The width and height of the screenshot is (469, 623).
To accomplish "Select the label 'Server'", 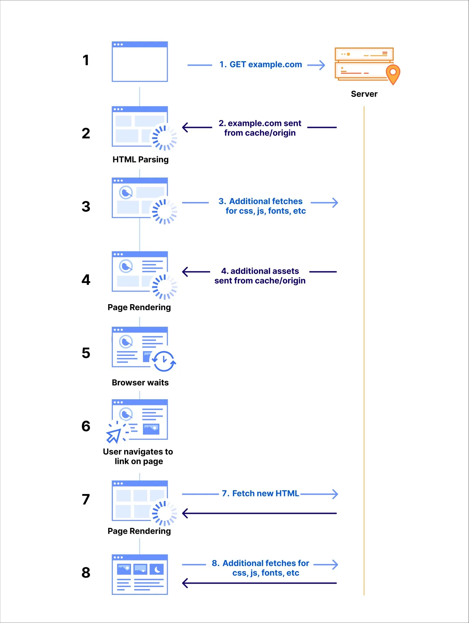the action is pos(364,94).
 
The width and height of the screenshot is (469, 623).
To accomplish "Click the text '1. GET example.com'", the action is pos(261,65).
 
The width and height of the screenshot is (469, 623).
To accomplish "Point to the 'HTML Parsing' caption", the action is pos(141,160).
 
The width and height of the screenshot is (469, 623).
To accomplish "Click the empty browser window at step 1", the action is pos(140,62).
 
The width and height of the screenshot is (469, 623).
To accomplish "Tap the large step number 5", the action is pos(86,353).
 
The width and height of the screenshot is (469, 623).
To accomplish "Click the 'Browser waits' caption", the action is pos(140,382).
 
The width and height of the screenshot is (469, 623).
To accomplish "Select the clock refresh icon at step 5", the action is pos(164,361).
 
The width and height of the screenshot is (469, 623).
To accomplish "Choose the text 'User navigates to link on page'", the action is pos(138,456).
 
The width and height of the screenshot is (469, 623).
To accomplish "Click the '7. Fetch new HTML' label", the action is pos(261,493).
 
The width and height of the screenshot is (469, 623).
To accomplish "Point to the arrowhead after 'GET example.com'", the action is pos(321,65).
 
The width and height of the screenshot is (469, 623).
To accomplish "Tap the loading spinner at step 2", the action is pos(164,138).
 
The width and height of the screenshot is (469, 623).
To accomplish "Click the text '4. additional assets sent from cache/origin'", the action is pos(260,276).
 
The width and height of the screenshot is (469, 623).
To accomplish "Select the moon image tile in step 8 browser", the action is pos(157,569).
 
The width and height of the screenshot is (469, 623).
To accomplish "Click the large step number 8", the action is pos(86,573).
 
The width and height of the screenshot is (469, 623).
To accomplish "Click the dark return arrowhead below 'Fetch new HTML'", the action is pos(186,514).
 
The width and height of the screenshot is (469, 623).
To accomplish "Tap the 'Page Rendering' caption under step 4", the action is pos(139,308).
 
